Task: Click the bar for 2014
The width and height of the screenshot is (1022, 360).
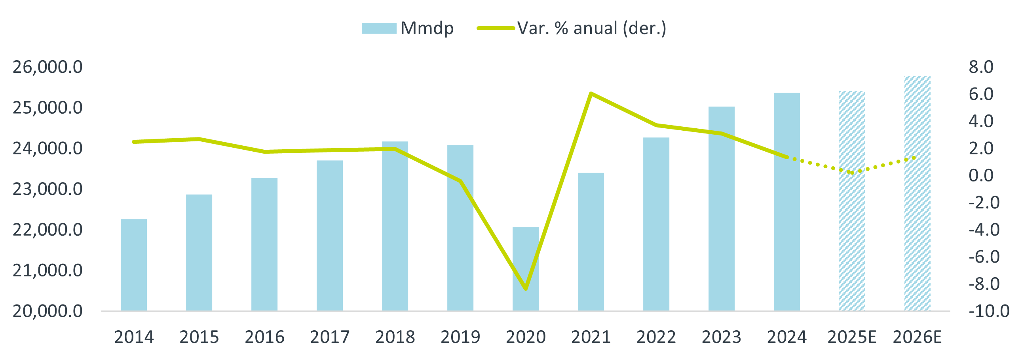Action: point(134,265)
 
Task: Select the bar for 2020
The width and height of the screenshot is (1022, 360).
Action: point(526,269)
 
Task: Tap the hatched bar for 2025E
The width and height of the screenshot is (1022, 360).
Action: point(852,200)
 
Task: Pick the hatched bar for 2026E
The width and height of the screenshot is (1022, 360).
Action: point(917,193)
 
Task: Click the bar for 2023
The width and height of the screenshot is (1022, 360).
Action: point(722,208)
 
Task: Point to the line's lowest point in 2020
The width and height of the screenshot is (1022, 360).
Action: point(526,289)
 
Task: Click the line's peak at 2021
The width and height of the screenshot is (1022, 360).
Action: point(591,93)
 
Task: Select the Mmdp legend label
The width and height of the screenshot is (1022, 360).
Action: point(427,28)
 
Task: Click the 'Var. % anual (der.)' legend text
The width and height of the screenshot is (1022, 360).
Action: point(591,28)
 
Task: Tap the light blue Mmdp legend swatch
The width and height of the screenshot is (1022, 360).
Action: point(379,28)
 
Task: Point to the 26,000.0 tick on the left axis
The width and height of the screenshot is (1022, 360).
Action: point(47,67)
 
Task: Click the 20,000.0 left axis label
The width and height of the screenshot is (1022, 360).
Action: point(47,311)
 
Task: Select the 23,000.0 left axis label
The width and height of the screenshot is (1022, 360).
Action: point(47,189)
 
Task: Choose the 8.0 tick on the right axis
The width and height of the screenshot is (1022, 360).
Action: point(981,67)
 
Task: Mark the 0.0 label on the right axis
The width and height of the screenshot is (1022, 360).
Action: point(981,175)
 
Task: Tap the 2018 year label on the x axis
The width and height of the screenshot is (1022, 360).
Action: point(395,337)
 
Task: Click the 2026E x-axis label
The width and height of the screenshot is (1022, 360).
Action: point(917,337)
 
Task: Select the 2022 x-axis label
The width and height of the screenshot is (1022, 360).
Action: point(656,337)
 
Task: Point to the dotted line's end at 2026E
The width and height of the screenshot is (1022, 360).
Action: point(914,158)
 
